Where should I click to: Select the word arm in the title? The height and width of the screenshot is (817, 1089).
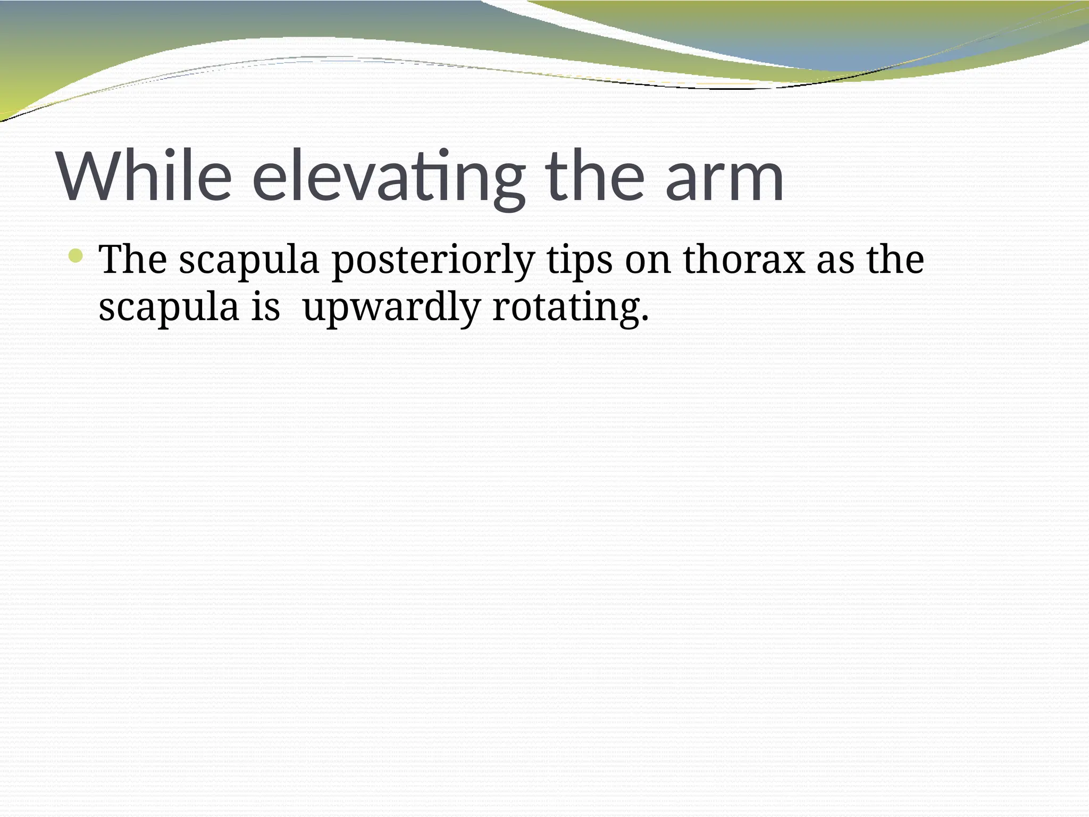(724, 177)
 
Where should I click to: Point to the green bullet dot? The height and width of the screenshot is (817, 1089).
(76, 256)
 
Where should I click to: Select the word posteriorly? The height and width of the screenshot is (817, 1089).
(433, 261)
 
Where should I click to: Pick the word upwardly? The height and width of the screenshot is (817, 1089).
(391, 309)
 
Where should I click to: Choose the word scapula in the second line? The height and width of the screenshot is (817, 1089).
(169, 309)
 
